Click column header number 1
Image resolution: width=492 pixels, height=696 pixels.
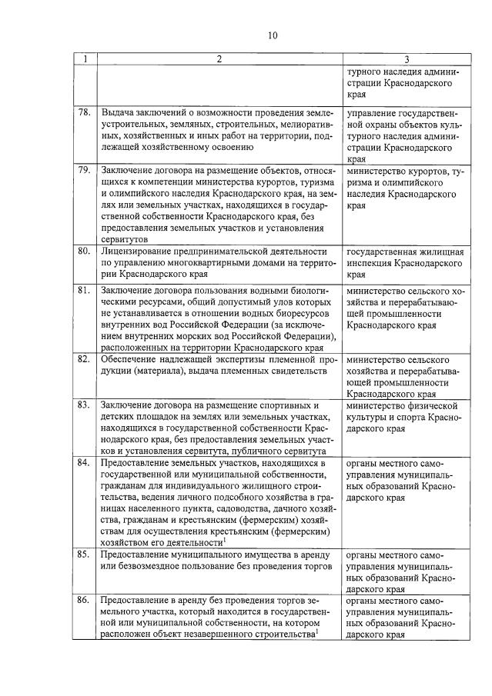pyautogui.click(x=85, y=60)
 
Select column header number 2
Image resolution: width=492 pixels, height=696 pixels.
pyautogui.click(x=219, y=60)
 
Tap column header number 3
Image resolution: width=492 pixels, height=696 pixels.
pyautogui.click(x=406, y=60)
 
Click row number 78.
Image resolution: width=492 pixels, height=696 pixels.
pyautogui.click(x=85, y=113)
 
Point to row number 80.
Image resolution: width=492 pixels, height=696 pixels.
pyautogui.click(x=85, y=251)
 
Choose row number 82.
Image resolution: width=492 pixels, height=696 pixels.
pyautogui.click(x=85, y=359)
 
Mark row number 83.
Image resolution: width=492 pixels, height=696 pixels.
pyautogui.click(x=85, y=405)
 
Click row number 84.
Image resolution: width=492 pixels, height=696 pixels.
pyautogui.click(x=85, y=463)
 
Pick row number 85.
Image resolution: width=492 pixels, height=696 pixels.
pyautogui.click(x=85, y=553)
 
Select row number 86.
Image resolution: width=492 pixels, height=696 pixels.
pyautogui.click(x=85, y=598)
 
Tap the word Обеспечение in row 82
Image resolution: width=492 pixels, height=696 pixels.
pyautogui.click(x=130, y=359)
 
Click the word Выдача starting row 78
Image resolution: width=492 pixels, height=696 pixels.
pyautogui.click(x=118, y=113)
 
